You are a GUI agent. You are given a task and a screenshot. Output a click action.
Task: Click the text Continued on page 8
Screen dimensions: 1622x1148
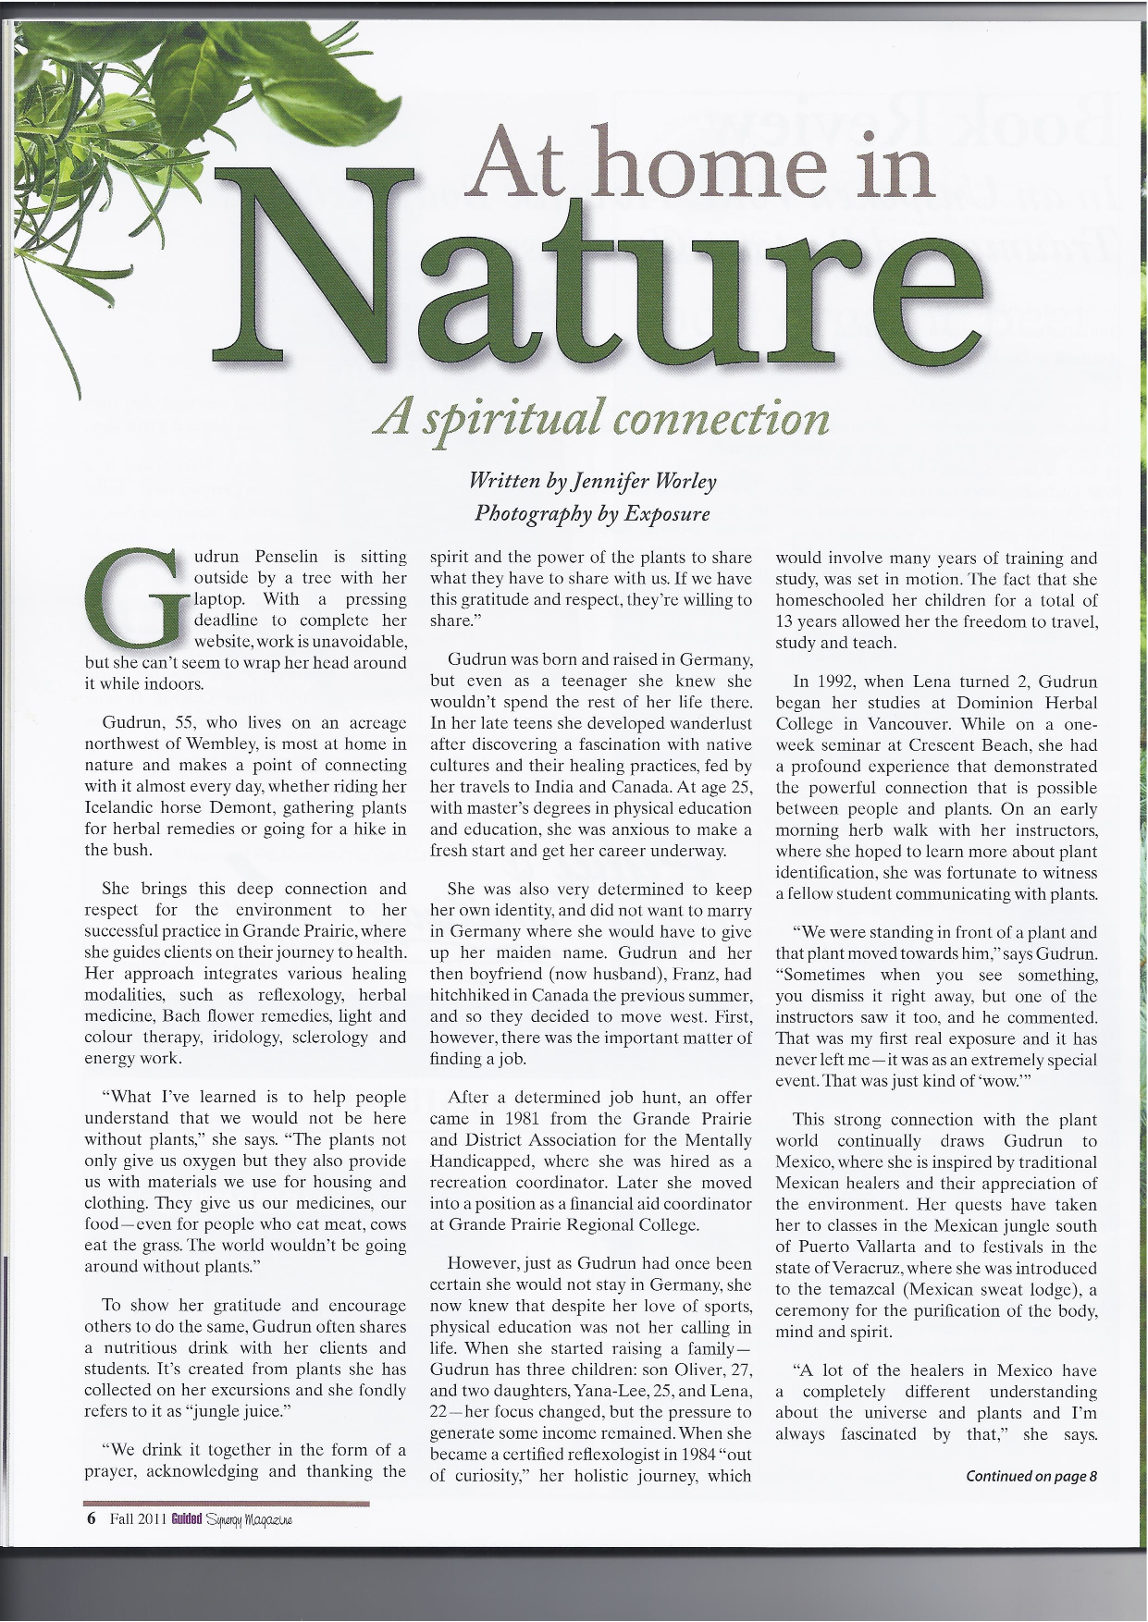(x=1031, y=1476)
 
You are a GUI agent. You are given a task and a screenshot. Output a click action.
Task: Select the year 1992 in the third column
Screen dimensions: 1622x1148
(x=840, y=682)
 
